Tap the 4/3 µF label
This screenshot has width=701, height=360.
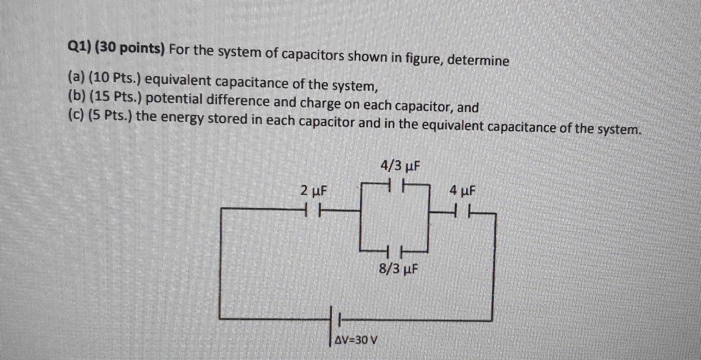(399, 166)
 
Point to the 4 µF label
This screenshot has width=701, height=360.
(462, 190)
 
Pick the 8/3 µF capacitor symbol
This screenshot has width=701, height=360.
(395, 251)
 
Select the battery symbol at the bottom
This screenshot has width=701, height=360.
(335, 319)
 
